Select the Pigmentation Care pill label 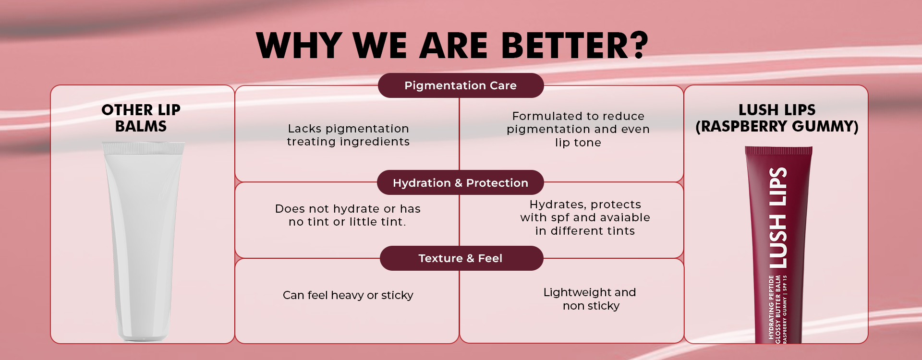click(461, 85)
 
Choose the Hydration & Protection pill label click(461, 183)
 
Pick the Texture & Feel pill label click(461, 258)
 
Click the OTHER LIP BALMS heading click(141, 118)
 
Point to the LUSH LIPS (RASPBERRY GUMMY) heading click(777, 118)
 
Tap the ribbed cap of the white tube click(143, 148)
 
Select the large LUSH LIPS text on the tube click(778, 217)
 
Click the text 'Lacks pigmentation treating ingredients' click(348, 135)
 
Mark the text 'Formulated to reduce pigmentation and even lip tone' click(578, 129)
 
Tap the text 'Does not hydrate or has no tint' click(348, 215)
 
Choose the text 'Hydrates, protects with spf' click(585, 211)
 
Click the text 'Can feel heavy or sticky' click(348, 295)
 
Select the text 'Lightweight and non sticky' click(590, 299)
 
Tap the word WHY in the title click(299, 46)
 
